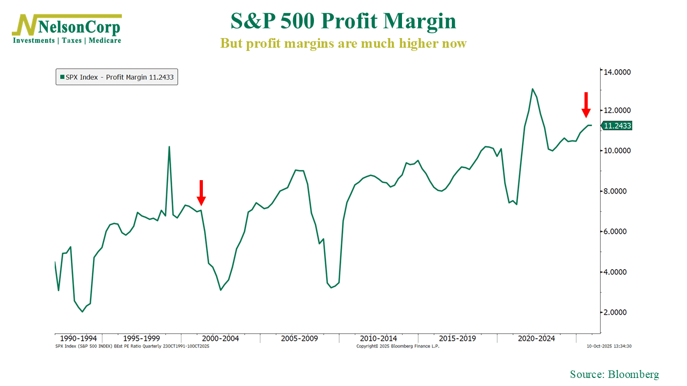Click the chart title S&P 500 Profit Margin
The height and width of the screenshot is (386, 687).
coord(343,21)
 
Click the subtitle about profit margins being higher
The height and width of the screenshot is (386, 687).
coord(343,43)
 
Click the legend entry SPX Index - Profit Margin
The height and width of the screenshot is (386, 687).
coord(116,77)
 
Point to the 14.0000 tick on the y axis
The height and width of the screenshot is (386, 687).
coord(617,72)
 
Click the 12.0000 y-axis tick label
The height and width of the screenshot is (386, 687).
coord(617,110)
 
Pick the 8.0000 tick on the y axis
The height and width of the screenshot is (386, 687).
coord(617,191)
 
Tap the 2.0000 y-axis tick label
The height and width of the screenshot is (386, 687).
coord(617,313)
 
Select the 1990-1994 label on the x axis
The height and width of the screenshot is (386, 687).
coord(78,338)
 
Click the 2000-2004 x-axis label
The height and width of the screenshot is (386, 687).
coord(221,338)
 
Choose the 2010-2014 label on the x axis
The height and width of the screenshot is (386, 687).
coord(378,338)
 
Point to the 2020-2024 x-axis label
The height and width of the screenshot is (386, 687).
coord(536,338)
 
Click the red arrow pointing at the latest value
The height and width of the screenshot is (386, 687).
coord(586,105)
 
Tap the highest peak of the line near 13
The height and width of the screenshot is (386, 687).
coord(532,89)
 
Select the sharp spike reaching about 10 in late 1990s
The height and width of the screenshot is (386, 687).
coord(170,147)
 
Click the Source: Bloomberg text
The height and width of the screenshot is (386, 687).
coord(614,374)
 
